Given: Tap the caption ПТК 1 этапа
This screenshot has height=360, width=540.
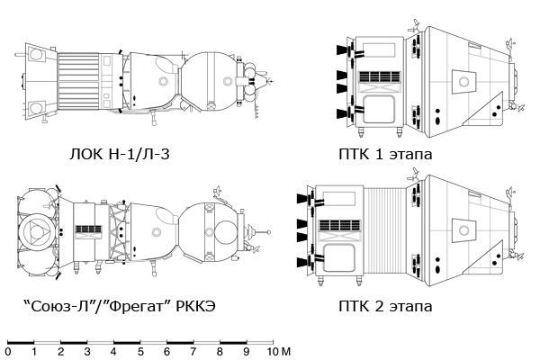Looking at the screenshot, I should point(388,154).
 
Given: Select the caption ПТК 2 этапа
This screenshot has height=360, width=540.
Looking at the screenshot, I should point(388,307).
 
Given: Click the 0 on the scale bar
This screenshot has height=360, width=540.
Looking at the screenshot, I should point(8,351).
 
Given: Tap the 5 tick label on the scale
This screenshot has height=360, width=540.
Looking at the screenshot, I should point(140,351).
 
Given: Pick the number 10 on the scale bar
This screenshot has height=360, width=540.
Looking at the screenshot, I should point(269,351).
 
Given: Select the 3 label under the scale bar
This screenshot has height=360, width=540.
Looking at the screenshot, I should point(87,351).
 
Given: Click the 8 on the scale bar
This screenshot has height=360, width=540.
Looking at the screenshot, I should point(220,351).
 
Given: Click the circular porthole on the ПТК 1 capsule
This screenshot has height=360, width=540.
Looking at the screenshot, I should point(463,82).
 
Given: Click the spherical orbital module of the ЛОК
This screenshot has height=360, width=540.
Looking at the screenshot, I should point(216,81).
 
